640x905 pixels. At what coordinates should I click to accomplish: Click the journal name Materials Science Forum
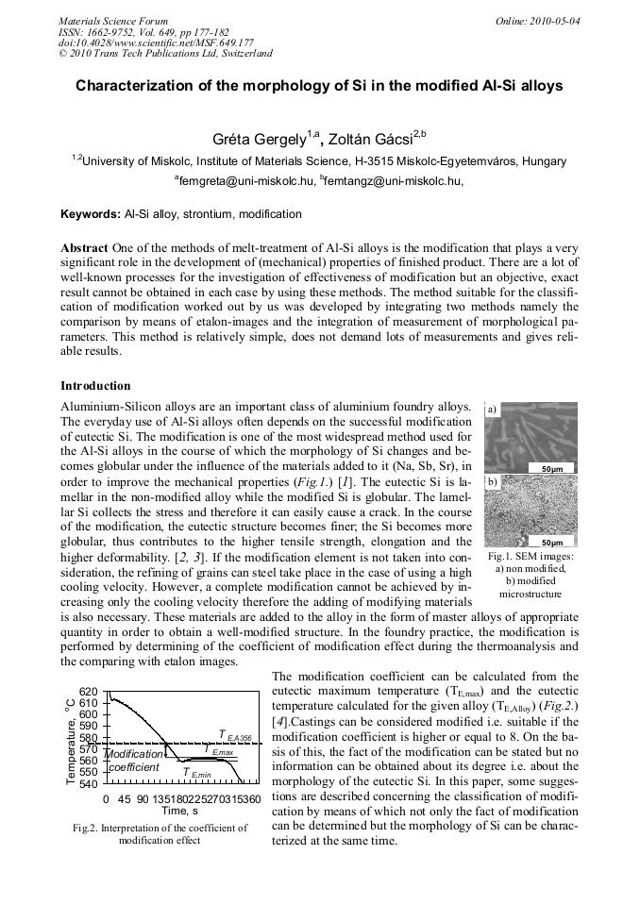click(113, 20)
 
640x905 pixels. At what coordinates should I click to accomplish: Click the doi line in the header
click(156, 42)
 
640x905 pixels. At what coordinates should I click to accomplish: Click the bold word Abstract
click(84, 246)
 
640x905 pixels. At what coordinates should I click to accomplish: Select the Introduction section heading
click(95, 386)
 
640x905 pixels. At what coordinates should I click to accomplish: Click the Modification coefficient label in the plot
click(133, 761)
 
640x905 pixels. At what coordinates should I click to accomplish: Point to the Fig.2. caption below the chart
click(160, 833)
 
